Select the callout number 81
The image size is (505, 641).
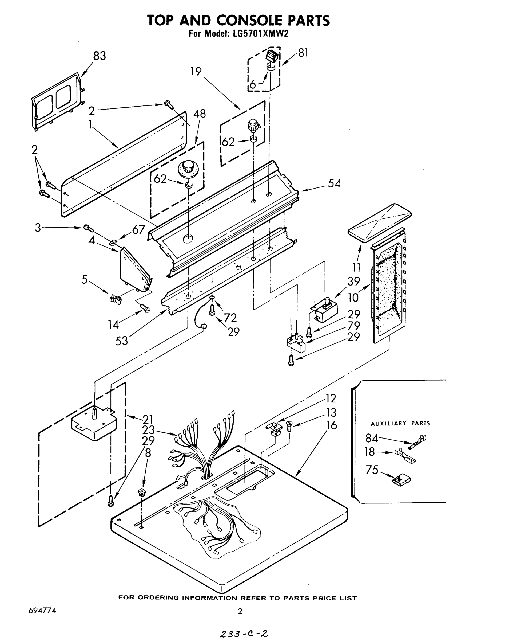(x=303, y=53)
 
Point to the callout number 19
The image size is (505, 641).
(x=196, y=71)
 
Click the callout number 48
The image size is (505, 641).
(x=200, y=114)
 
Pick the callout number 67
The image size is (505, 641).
(x=138, y=230)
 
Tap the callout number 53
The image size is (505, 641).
(x=122, y=341)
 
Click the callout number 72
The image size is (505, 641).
(x=230, y=318)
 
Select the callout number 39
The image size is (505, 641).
(x=354, y=281)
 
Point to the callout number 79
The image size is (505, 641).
(x=354, y=326)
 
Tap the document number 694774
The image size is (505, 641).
(x=43, y=611)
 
